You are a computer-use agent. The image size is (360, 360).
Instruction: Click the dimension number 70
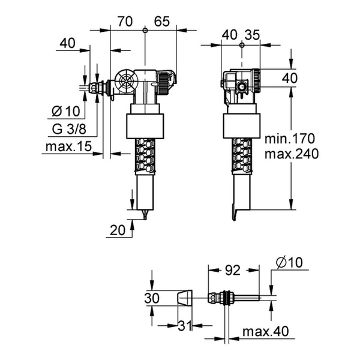click(125, 22)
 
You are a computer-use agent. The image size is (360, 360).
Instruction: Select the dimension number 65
click(162, 22)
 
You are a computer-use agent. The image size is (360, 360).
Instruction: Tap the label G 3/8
click(69, 129)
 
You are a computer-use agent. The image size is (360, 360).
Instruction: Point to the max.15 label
click(68, 146)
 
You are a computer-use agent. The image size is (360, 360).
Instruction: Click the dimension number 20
click(118, 230)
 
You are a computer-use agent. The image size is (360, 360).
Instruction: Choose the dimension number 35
click(252, 35)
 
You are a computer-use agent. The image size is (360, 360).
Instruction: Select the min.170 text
click(290, 139)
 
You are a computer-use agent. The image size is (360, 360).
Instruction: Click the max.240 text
click(292, 154)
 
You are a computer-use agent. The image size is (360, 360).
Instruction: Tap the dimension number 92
click(232, 270)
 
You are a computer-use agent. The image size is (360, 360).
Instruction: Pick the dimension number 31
click(185, 326)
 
